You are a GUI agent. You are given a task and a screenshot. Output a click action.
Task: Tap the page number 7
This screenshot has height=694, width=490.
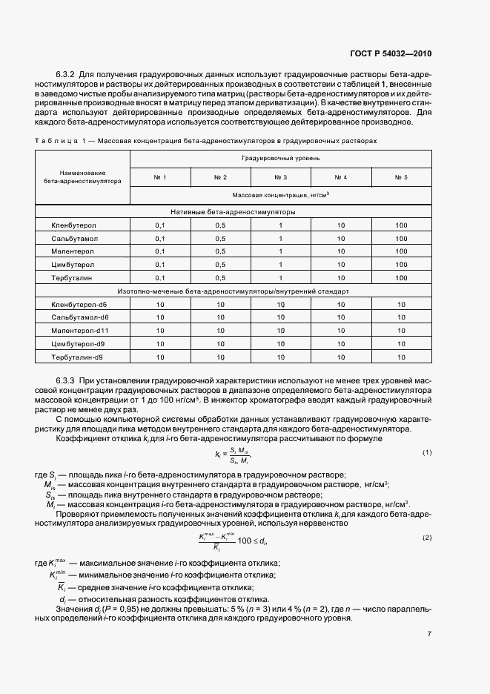pos(429,634)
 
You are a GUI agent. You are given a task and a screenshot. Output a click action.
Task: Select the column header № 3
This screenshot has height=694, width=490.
pos(280,177)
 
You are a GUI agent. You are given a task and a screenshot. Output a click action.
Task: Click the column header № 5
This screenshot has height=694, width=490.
pos(401,177)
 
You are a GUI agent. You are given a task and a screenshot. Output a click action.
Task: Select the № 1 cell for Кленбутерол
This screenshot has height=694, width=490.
pos(160,225)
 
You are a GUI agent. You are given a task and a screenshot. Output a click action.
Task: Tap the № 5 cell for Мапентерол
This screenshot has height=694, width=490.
pos(401,251)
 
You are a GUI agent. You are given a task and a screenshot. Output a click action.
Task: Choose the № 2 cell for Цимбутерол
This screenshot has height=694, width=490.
pos(220,265)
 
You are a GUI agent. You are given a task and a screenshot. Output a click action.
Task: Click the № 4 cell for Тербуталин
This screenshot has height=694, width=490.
pos(341,278)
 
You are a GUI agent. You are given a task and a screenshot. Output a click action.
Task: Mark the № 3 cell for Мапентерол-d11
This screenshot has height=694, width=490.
pos(280,331)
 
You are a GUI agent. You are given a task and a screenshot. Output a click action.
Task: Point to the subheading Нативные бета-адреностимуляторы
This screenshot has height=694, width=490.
pos(234,211)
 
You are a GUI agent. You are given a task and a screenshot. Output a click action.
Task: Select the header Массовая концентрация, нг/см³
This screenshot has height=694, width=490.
pos(280,195)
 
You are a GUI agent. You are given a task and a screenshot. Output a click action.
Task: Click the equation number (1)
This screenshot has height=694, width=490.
pos(426,452)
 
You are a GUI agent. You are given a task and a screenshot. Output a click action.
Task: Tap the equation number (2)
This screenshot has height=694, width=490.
pos(426,538)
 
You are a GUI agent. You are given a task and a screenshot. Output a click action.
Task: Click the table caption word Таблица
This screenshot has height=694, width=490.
pos(54,140)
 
